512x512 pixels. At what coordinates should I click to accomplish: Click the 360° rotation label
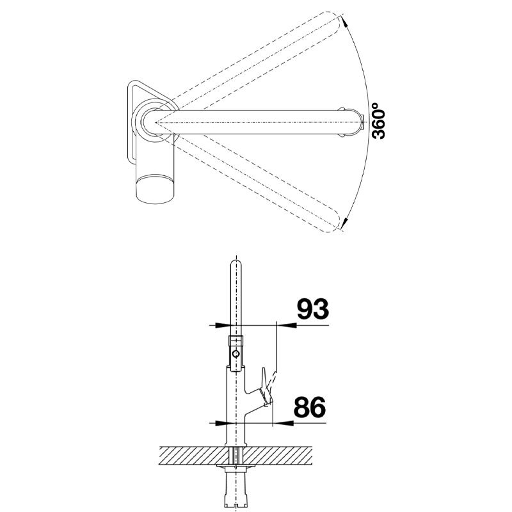[379, 120]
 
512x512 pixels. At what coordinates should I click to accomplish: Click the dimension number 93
[312, 309]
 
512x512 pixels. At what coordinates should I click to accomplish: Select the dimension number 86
[310, 407]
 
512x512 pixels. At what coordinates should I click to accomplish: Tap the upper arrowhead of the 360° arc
[343, 22]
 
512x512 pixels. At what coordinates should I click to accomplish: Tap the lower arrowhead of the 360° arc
[344, 222]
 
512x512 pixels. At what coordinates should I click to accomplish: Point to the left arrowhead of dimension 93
[221, 325]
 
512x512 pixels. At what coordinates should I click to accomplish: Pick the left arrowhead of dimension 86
[218, 424]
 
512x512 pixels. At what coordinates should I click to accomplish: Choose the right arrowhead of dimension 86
[282, 424]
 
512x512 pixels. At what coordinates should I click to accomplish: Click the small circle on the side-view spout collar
[236, 354]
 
